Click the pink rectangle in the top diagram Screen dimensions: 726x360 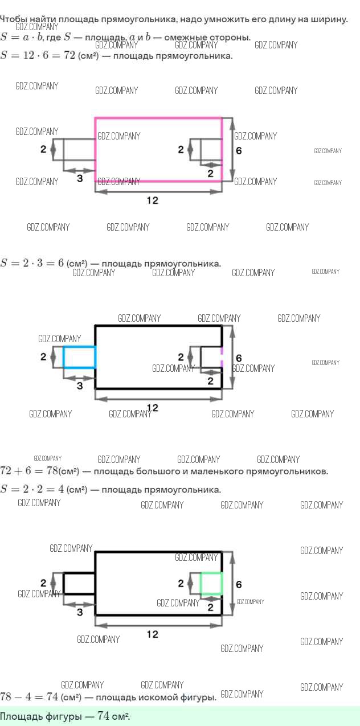tap(158, 119)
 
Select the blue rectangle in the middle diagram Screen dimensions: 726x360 tap(79, 357)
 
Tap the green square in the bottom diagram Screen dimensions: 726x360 tap(211, 584)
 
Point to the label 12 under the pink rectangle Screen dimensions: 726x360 tap(152, 200)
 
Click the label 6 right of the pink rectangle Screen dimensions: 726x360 tap(239, 151)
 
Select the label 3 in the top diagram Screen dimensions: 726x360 tap(80, 178)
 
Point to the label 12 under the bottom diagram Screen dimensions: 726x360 tap(152, 634)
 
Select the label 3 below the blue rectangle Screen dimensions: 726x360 tap(80, 386)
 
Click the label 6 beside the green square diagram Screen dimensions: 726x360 tap(239, 584)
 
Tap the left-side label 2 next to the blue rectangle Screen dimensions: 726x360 tap(43, 357)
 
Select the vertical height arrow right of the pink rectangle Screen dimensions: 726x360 tap(231, 149)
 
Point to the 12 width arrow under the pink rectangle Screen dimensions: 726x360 tap(158, 192)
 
